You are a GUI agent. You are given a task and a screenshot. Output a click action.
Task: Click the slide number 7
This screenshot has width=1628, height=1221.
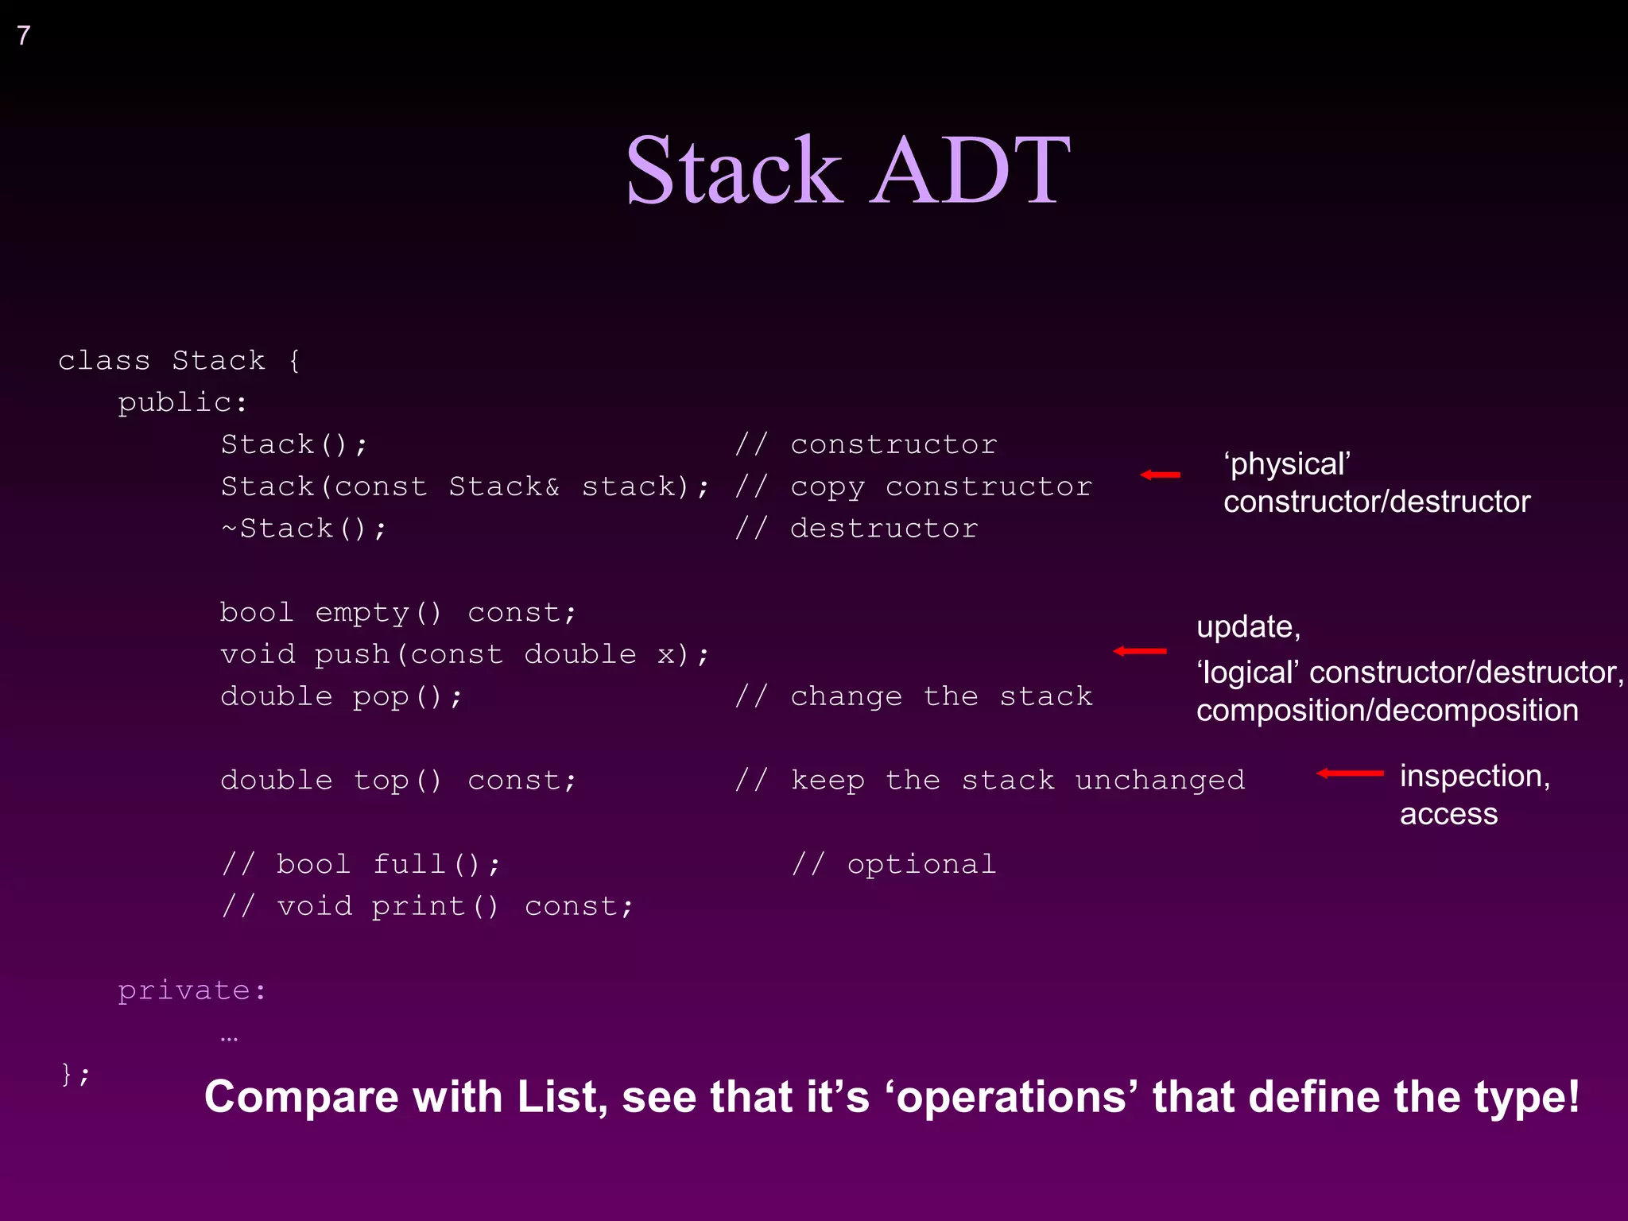[x=24, y=35]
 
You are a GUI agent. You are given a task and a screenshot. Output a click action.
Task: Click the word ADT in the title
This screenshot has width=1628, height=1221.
[x=969, y=170]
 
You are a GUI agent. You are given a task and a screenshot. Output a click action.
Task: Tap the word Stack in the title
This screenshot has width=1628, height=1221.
[x=732, y=170]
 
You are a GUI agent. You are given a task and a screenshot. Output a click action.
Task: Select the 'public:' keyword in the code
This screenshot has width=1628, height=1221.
[x=182, y=402]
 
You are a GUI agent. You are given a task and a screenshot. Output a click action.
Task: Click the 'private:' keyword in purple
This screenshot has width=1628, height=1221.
[x=192, y=990]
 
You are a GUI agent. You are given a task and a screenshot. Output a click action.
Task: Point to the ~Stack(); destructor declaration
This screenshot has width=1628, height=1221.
[x=304, y=528]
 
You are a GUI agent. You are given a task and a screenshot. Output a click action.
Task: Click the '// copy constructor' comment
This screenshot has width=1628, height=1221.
[x=913, y=486]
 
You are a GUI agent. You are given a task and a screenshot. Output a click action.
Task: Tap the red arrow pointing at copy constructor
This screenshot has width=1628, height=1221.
[x=1160, y=475]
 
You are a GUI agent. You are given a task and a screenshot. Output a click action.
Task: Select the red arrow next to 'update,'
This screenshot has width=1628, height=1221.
[x=1139, y=651]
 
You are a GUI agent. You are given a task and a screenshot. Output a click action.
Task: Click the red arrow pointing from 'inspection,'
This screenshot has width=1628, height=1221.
[x=1349, y=773]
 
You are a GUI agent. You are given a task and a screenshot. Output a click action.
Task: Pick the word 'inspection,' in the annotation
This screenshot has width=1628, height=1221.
[x=1475, y=776]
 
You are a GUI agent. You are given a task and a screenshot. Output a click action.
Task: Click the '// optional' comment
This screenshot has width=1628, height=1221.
[x=893, y=864]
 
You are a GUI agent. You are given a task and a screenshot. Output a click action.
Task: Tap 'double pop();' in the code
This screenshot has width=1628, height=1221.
[x=340, y=696]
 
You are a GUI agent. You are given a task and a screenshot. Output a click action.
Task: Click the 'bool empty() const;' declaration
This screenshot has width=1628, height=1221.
[x=397, y=612]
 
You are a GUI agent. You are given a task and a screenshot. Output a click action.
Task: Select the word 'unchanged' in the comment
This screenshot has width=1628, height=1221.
[x=1160, y=780]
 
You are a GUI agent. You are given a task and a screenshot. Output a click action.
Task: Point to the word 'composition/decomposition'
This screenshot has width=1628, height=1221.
[x=1387, y=711]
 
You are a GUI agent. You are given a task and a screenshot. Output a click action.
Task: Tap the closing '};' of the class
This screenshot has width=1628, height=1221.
[x=76, y=1074]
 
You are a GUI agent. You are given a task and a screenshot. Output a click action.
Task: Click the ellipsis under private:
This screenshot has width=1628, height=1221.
[x=229, y=1038]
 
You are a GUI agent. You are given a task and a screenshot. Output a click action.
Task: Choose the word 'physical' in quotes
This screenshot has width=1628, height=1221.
[x=1288, y=464]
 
